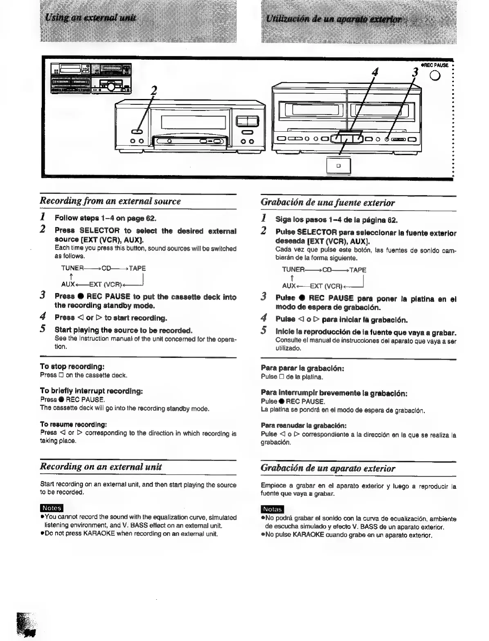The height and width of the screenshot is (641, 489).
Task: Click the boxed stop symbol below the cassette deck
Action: pyautogui.click(x=338, y=166)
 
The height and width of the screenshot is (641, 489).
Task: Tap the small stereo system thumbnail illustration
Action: pyautogui.click(x=91, y=79)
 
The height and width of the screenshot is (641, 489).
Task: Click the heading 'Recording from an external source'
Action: pyautogui.click(x=110, y=201)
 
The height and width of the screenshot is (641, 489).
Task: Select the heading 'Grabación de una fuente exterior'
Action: pyautogui.click(x=327, y=202)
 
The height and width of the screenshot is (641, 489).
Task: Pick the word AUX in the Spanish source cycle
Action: pyautogui.click(x=289, y=286)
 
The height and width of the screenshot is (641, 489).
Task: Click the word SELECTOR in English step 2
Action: pyautogui.click(x=99, y=231)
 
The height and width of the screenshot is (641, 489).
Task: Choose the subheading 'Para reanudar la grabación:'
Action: pyautogui.click(x=303, y=426)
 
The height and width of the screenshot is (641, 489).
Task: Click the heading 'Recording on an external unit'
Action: pyautogui.click(x=101, y=466)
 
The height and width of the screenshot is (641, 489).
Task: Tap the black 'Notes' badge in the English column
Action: pyautogui.click(x=52, y=508)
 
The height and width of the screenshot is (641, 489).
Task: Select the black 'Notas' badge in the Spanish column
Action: pyautogui.click(x=272, y=509)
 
